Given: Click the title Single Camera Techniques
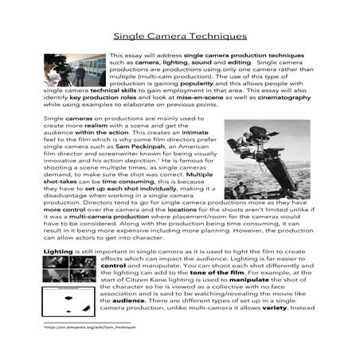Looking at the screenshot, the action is point(179,36).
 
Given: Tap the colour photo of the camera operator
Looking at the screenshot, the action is point(73,70).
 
